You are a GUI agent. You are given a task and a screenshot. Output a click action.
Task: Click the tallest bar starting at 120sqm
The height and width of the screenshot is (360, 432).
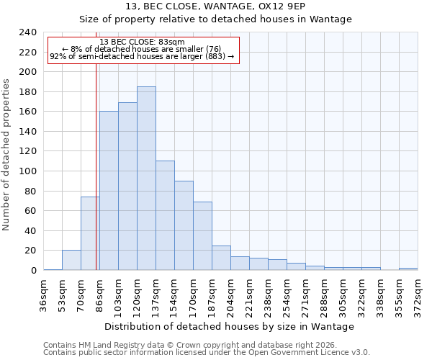click(x=146, y=179)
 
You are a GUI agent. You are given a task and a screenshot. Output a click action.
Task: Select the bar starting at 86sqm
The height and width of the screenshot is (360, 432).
click(x=109, y=191)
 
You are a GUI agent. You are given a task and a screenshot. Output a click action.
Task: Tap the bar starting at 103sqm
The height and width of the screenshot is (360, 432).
click(x=127, y=186)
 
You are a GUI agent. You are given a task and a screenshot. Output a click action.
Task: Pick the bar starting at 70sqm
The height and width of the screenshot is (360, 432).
click(x=90, y=233)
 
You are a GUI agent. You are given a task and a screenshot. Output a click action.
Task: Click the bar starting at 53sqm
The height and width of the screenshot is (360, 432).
click(x=71, y=260)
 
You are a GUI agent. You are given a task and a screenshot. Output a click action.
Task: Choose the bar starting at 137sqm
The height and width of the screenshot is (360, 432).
click(x=165, y=215)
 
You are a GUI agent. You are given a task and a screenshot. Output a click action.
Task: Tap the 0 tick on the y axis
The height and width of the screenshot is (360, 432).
click(x=33, y=271)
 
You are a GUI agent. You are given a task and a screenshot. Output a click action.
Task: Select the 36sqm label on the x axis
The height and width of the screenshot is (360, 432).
click(x=44, y=292)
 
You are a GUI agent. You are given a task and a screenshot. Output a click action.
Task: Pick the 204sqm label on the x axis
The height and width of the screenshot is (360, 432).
click(x=231, y=292)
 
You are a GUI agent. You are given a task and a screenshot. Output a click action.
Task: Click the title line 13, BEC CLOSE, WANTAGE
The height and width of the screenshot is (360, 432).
click(x=215, y=6)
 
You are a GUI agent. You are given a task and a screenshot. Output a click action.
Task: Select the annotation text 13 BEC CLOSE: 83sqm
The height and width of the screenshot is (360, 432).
click(x=142, y=42)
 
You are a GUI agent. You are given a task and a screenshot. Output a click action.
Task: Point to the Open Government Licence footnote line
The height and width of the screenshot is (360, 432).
click(x=207, y=353)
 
